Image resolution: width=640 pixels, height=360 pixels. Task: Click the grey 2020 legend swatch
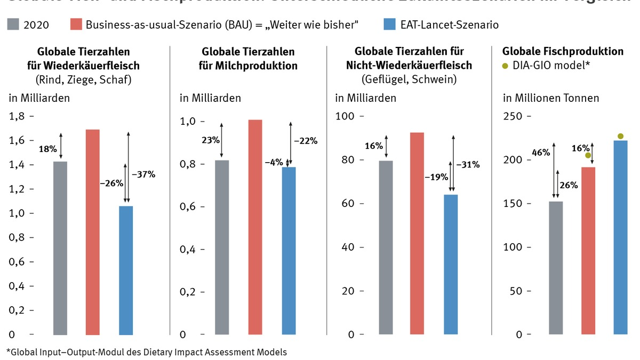14,25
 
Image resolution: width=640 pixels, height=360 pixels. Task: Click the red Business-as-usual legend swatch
76,25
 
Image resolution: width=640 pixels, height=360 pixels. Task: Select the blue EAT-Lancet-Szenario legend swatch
390,25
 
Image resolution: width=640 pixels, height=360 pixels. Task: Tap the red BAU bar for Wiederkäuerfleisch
93,232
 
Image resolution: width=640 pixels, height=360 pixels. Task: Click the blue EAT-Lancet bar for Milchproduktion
289,251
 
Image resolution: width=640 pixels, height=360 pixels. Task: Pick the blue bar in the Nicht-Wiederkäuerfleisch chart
451,265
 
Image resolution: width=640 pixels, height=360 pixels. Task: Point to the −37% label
144,174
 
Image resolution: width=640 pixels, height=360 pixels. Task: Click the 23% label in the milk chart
209,141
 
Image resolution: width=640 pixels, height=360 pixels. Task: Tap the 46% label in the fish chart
541,153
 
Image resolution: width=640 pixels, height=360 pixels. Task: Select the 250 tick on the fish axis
514,116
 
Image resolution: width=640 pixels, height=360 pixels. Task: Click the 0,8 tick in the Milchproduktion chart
190,164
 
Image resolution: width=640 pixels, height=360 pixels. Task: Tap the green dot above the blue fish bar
620,136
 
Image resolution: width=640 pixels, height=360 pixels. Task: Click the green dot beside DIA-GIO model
505,66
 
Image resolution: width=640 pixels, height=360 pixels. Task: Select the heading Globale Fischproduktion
563,52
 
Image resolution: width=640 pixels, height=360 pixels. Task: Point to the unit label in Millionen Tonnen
551,98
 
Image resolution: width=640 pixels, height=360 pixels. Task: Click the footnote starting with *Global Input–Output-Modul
147,352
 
